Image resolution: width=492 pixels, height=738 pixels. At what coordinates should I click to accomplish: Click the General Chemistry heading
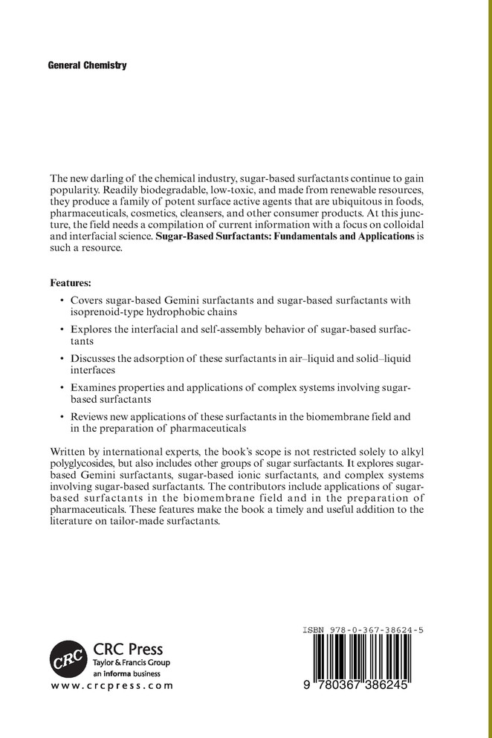point(87,65)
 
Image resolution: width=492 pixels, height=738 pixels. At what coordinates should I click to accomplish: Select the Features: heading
point(74,282)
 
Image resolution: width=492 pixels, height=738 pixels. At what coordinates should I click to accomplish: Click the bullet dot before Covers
point(61,299)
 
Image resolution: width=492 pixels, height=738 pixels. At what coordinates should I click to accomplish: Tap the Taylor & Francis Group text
point(132,661)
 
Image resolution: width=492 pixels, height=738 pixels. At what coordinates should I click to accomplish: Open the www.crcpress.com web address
point(111,686)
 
